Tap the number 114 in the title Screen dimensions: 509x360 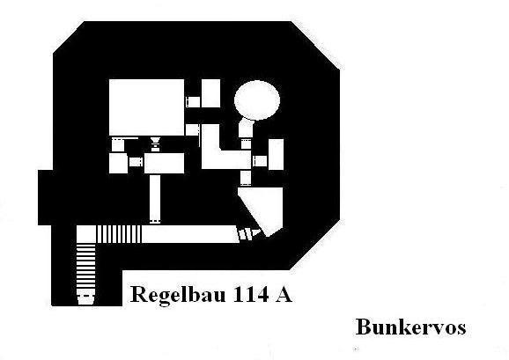250,295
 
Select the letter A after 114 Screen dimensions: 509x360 283,295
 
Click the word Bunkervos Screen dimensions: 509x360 410,327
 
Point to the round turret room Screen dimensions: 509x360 257,99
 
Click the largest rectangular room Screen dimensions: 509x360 146,107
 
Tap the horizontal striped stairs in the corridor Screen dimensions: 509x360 119,234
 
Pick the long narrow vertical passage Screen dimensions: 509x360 155,199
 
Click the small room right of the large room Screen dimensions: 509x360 210,93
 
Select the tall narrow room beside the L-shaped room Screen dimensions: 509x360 276,154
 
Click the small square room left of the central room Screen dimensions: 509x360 118,164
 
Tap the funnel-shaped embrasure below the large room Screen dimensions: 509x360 156,143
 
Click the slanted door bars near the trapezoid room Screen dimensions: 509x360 249,234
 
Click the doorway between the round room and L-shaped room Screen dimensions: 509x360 246,143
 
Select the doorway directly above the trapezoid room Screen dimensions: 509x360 246,178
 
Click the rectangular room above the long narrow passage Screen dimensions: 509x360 165,163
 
